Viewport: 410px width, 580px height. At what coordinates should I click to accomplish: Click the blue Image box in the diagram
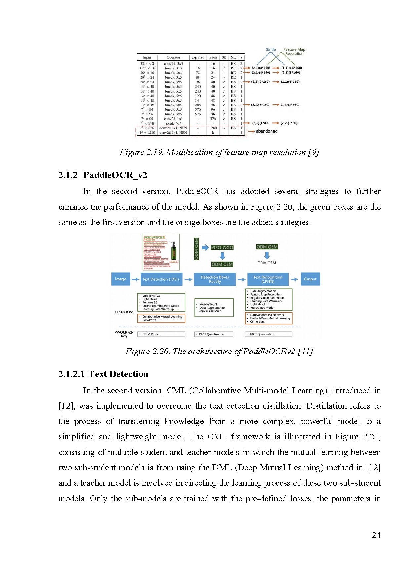[x=120, y=279]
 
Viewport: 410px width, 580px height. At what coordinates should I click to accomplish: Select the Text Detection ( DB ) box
[x=161, y=279]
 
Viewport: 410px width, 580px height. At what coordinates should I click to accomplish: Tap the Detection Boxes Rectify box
[x=215, y=279]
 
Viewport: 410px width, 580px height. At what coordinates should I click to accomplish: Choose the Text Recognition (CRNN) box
[x=268, y=279]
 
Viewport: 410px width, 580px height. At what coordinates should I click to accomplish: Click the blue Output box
[x=310, y=279]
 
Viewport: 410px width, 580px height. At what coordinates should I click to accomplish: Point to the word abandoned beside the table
[x=266, y=131]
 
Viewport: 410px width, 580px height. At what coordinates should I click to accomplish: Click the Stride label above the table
[x=271, y=50]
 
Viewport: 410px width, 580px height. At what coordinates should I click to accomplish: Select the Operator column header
[x=173, y=57]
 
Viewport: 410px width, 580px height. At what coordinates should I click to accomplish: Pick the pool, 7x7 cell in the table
[x=173, y=123]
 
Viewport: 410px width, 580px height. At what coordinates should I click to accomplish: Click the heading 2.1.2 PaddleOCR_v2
[x=103, y=175]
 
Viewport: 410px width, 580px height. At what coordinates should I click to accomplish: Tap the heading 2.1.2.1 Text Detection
[x=103, y=374]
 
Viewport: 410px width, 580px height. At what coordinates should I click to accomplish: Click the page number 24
[x=376, y=535]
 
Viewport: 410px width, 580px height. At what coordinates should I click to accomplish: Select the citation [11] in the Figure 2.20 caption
[x=305, y=351]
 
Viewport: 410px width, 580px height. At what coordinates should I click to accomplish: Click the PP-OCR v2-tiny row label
[x=124, y=334]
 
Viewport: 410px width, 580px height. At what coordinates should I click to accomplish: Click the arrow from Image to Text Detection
[x=135, y=279]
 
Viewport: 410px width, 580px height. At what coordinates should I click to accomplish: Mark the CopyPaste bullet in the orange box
[x=149, y=320]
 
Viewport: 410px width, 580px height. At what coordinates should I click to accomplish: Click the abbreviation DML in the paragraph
[x=222, y=468]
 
